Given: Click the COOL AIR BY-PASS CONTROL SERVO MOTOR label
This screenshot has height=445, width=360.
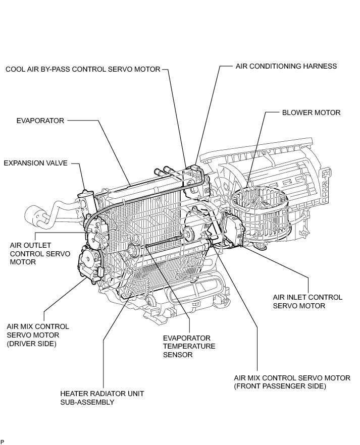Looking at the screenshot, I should (83, 69).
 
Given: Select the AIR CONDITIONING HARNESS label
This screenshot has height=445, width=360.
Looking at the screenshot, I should (286, 66).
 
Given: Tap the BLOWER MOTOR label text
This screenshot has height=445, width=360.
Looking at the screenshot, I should (311, 113).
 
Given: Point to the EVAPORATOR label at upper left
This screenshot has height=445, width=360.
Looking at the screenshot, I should (40, 121).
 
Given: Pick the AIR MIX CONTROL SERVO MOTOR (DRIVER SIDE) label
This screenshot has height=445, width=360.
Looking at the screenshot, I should (38, 335).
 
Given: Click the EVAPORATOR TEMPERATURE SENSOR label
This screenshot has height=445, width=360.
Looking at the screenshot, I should (189, 346).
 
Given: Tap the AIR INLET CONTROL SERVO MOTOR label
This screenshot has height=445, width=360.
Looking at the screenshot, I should (307, 301).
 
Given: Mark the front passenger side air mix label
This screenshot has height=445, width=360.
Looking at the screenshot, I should (292, 381).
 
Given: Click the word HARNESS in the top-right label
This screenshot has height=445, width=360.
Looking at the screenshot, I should (320, 66).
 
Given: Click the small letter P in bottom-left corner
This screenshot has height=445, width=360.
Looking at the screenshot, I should (3, 442).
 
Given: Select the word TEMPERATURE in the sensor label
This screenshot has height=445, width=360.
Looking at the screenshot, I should (189, 346).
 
